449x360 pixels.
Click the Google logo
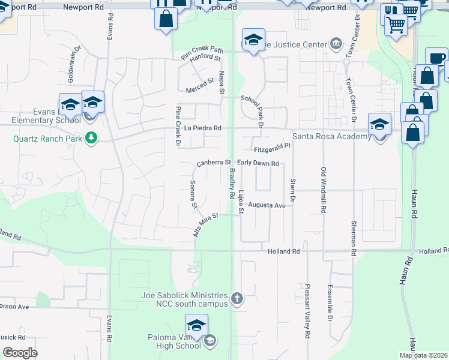click(x=20, y=353)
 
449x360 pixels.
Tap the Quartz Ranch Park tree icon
click(x=91, y=139)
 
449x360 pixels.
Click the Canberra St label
click(x=214, y=163)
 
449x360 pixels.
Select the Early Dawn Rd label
click(x=258, y=163)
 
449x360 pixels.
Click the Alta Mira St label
click(x=205, y=224)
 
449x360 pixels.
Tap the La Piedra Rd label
click(x=203, y=128)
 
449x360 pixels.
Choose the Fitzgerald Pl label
click(x=272, y=146)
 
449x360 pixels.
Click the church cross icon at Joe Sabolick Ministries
click(x=238, y=298)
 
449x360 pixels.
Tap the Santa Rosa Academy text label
click(x=331, y=137)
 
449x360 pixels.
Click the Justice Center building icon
click(x=335, y=43)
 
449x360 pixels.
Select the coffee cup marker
click(x=436, y=59)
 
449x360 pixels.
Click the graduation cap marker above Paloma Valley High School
click(x=196, y=326)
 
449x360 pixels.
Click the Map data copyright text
click(x=423, y=356)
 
